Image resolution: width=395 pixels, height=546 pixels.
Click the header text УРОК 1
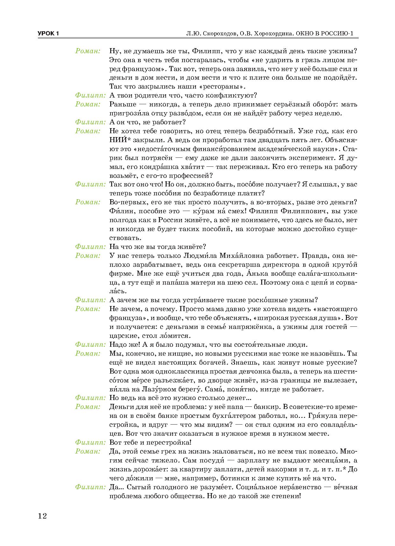48,34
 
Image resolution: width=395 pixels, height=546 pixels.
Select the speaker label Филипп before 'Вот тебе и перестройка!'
90,442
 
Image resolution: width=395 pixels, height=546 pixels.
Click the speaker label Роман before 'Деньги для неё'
88,407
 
